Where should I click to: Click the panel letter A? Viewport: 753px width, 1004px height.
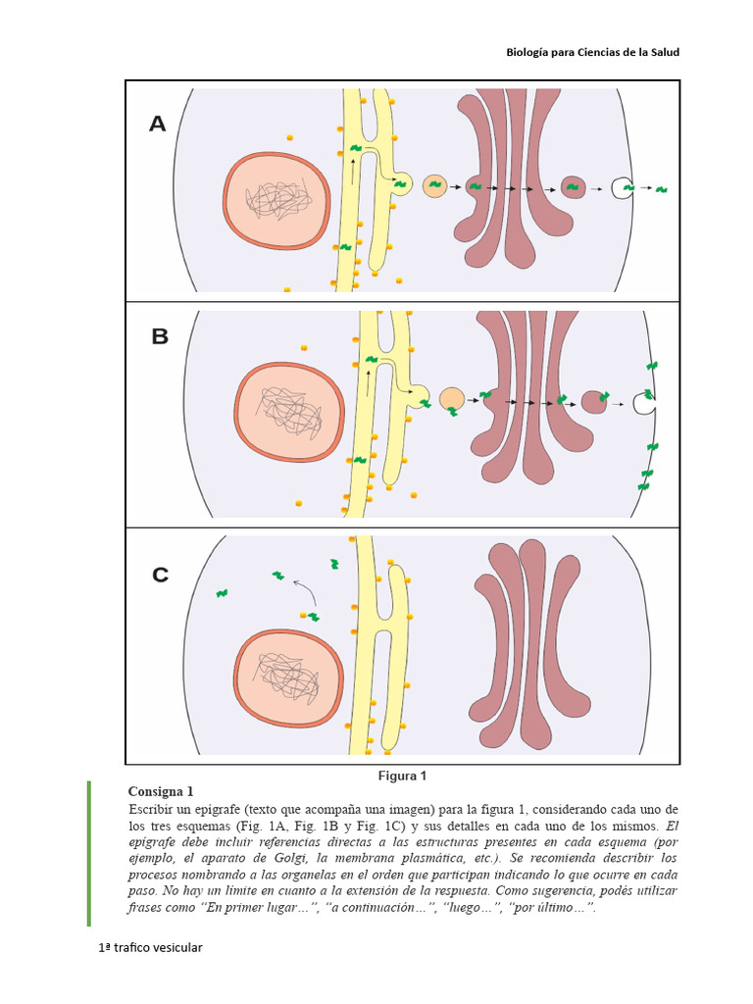tap(158, 124)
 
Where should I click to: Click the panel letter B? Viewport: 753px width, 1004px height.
tap(160, 336)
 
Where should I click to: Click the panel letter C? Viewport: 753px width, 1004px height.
tap(160, 575)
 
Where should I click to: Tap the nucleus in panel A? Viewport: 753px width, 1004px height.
tap(278, 201)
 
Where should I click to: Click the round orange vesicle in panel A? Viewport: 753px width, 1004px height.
tap(434, 185)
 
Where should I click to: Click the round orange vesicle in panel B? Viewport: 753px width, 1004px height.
tap(451, 398)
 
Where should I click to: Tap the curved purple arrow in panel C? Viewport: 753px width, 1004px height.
tap(305, 591)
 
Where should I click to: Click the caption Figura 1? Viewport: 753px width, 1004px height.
tap(402, 775)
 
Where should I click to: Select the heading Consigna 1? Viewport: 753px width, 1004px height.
tap(161, 791)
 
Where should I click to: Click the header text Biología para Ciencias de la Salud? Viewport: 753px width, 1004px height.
tap(592, 52)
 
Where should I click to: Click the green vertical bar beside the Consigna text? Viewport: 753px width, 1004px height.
tap(88, 852)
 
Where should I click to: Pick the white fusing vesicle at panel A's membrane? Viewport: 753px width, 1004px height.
tap(621, 187)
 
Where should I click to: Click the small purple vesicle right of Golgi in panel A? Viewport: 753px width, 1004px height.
tap(573, 186)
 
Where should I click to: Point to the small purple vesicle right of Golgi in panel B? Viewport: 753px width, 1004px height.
tap(594, 401)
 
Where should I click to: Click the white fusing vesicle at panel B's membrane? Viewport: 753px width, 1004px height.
tap(644, 402)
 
